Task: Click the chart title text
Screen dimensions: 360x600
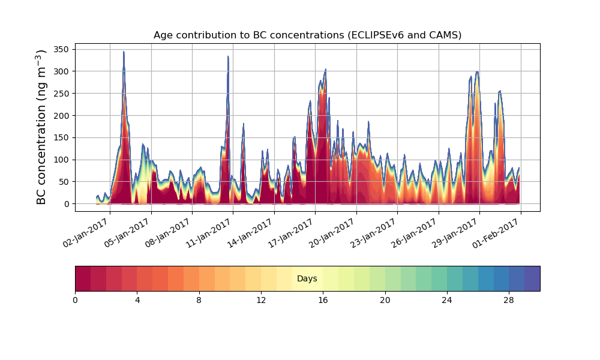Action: tap(307, 35)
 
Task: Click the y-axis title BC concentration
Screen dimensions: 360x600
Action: tap(41, 127)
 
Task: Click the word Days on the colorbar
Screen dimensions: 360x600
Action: tap(307, 279)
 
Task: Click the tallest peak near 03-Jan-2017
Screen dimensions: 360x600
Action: tap(124, 52)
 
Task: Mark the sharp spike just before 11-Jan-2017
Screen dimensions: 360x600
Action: tap(228, 57)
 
